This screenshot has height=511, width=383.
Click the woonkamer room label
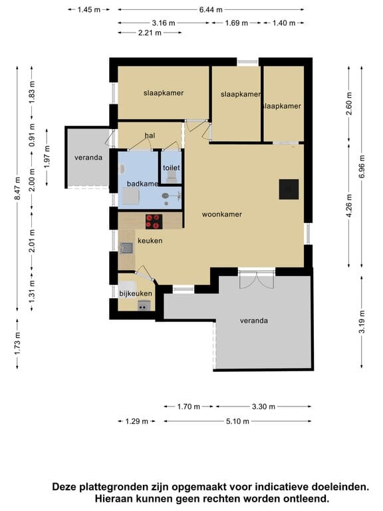click(222, 214)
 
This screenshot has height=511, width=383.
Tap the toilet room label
click(172, 168)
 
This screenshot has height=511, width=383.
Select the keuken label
click(150, 241)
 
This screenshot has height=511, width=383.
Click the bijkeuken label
click(136, 293)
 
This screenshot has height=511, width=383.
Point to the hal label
click(150, 135)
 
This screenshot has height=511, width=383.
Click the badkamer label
click(143, 184)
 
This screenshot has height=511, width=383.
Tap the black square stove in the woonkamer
click(289, 190)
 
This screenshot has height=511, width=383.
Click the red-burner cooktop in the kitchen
click(154, 222)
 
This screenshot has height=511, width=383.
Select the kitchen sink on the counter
click(127, 248)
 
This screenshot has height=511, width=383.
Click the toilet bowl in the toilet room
click(172, 176)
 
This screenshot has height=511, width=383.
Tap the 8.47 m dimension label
click(17, 188)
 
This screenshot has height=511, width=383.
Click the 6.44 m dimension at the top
click(211, 10)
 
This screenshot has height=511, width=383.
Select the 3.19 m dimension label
click(362, 321)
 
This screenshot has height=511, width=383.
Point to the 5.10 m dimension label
click(238, 421)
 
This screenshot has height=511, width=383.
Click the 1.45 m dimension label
click(89, 10)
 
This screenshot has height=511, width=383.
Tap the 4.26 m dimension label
click(349, 206)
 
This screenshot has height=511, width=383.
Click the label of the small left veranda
click(88, 158)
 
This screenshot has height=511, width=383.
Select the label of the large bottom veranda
click(254, 321)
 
